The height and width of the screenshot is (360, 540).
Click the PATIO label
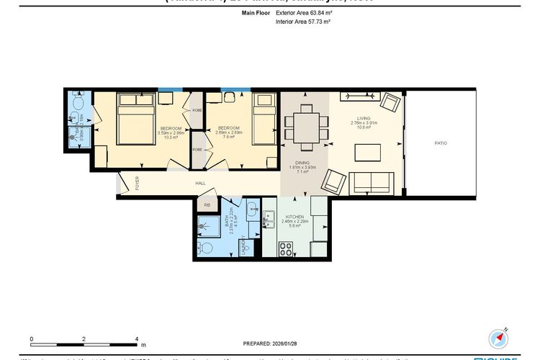[x=441, y=143]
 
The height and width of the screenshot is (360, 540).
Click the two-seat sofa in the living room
[x=371, y=182]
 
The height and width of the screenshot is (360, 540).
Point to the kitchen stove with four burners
[x=285, y=248]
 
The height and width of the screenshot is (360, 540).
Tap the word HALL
[x=201, y=184]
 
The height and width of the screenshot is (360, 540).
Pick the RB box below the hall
[x=207, y=205]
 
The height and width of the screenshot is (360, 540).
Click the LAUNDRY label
[x=245, y=247]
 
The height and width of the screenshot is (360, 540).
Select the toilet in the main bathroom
[x=206, y=248]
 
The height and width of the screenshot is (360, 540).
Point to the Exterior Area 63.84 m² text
[x=303, y=13]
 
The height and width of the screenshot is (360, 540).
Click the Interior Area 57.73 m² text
[x=303, y=22]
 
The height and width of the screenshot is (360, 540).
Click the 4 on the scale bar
[x=137, y=338]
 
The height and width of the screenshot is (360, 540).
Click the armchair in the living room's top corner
[x=390, y=102]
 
